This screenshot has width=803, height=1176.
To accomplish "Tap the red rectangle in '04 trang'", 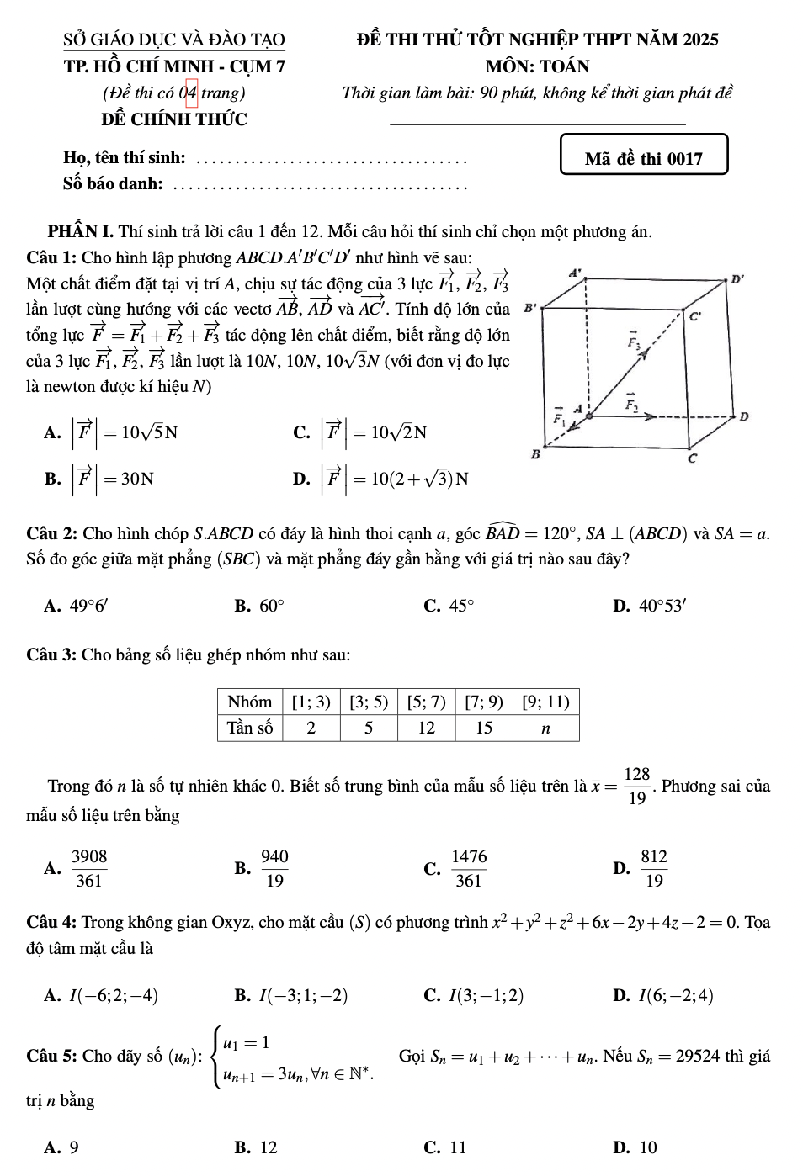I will point(192,93).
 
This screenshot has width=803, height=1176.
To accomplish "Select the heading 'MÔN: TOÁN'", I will point(537,66).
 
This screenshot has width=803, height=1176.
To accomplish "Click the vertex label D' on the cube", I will point(737,279).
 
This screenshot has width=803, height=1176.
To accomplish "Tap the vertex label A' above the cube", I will point(576,273).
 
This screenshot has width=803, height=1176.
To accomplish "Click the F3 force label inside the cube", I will point(633,341).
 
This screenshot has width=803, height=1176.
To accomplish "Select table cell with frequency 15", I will point(484,728).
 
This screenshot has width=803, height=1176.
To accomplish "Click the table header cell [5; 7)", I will point(426,702).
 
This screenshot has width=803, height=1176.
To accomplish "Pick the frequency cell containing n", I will point(545,728).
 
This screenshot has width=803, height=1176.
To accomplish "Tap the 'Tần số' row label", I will point(250,728).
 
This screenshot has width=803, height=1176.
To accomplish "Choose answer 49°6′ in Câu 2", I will point(87,606).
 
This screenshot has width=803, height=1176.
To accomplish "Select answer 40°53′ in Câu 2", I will point(662,606).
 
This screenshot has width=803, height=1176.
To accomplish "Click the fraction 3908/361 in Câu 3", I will point(89,868).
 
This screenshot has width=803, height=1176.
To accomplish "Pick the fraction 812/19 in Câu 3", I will point(654,868).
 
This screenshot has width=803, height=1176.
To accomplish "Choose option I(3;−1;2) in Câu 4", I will point(486,996).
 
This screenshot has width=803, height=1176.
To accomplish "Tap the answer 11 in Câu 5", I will point(458,1147).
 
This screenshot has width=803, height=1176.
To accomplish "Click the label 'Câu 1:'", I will point(52,257).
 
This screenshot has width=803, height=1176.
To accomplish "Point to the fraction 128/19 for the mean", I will point(637,786).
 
